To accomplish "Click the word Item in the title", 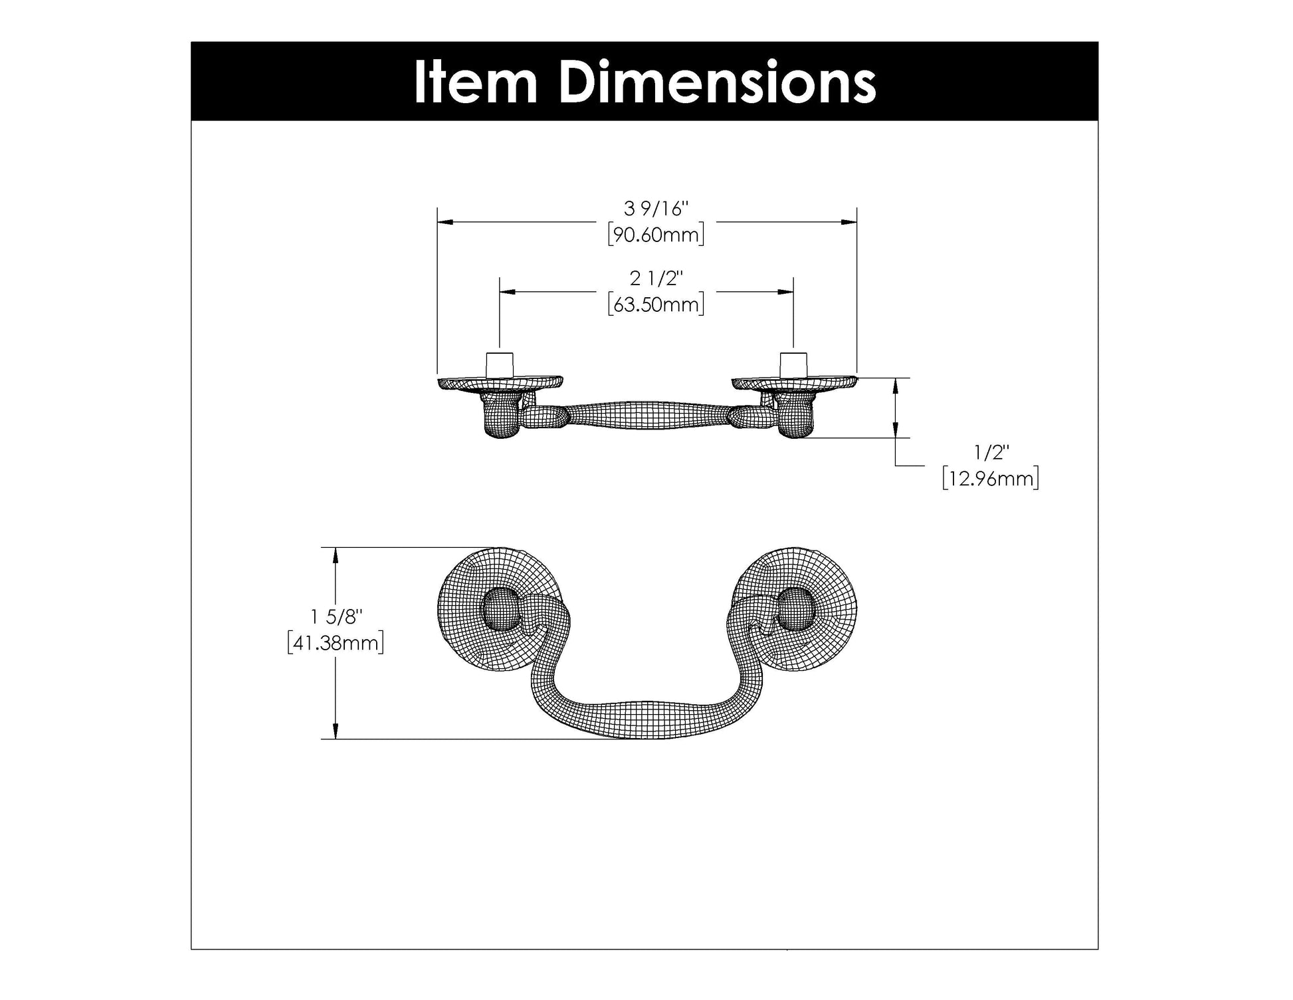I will pyautogui.click(x=475, y=82).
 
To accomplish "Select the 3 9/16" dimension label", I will pyautogui.click(x=656, y=209).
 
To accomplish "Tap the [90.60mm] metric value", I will pyautogui.click(x=656, y=235).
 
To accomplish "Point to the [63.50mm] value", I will pyautogui.click(x=656, y=305).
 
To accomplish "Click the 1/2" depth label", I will pyautogui.click(x=991, y=453).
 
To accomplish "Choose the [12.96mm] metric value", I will pyautogui.click(x=990, y=479).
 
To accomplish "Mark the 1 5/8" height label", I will pyautogui.click(x=336, y=617).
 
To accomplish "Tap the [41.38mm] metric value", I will pyautogui.click(x=336, y=643).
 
